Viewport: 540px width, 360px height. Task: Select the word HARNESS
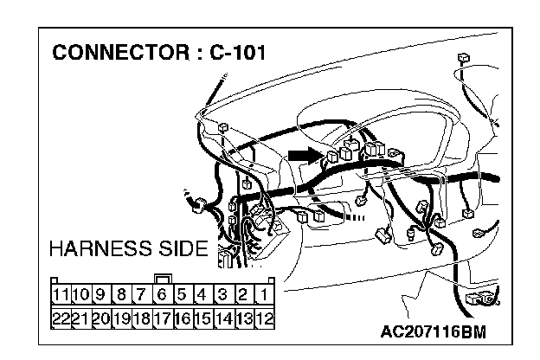99,249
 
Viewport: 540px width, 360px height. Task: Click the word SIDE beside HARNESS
179,249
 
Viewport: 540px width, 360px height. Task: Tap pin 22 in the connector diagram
61,317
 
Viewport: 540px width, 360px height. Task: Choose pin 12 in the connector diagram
265,317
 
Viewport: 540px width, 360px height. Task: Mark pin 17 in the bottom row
162,317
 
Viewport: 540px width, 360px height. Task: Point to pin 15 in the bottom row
203,317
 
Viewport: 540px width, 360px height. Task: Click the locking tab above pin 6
162,280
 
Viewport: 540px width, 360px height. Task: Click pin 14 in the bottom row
223,317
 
